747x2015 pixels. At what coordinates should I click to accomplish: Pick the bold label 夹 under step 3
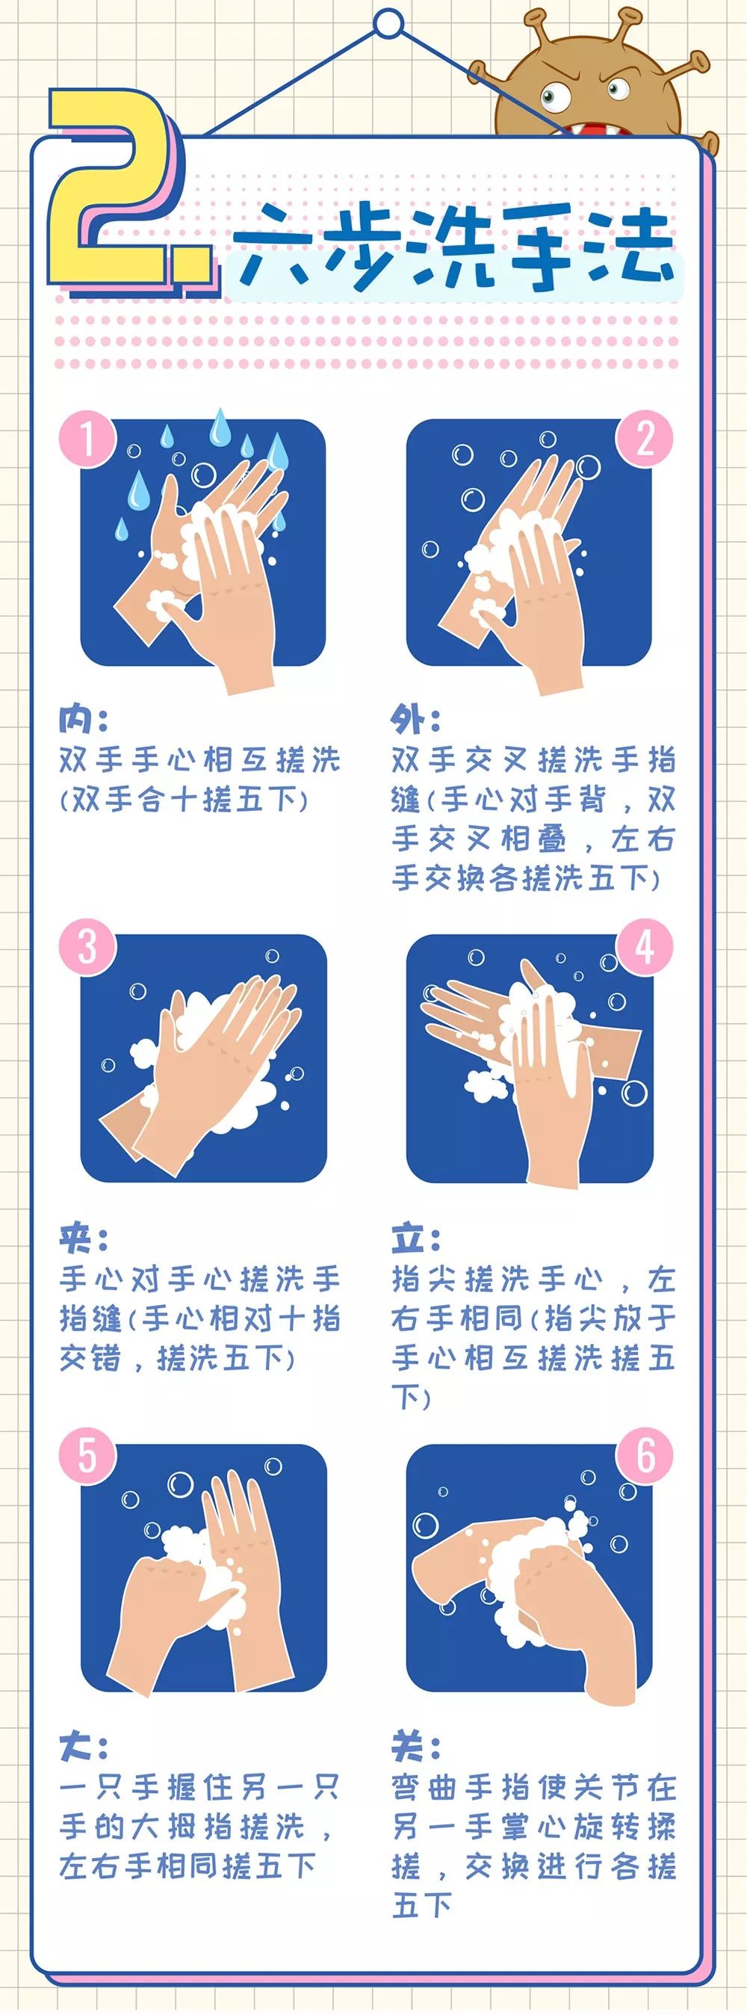75,1238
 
